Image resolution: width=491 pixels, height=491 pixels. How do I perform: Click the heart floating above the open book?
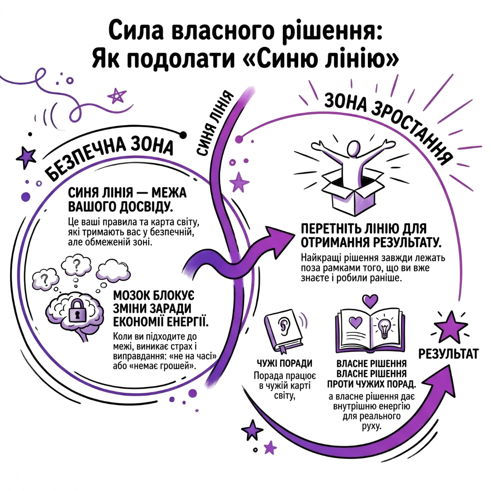click(x=370, y=301)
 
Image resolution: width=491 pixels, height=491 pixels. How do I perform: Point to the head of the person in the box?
click(x=354, y=148)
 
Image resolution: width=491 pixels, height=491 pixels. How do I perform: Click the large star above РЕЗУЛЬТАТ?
click(x=450, y=328)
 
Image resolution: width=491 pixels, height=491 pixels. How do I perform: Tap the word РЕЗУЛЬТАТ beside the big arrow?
click(x=448, y=354)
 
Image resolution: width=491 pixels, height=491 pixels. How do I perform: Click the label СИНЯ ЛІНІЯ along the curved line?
click(x=216, y=123)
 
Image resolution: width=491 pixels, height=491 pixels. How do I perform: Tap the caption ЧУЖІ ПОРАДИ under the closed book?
click(x=284, y=363)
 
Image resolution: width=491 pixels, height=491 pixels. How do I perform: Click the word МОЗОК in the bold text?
click(x=131, y=296)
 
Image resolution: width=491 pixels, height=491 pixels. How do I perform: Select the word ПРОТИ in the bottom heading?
click(x=343, y=384)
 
